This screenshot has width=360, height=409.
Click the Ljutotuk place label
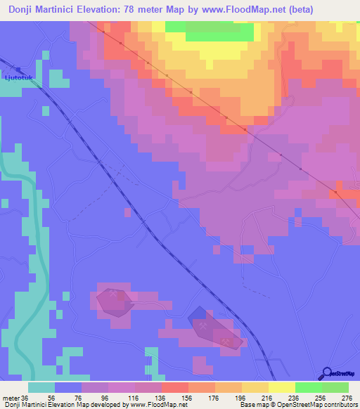pyautogui.click(x=13, y=77)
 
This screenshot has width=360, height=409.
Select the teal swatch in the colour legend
pyautogui.click(x=41, y=388)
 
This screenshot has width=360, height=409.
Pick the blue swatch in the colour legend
pyautogui.click(x=68, y=388)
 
